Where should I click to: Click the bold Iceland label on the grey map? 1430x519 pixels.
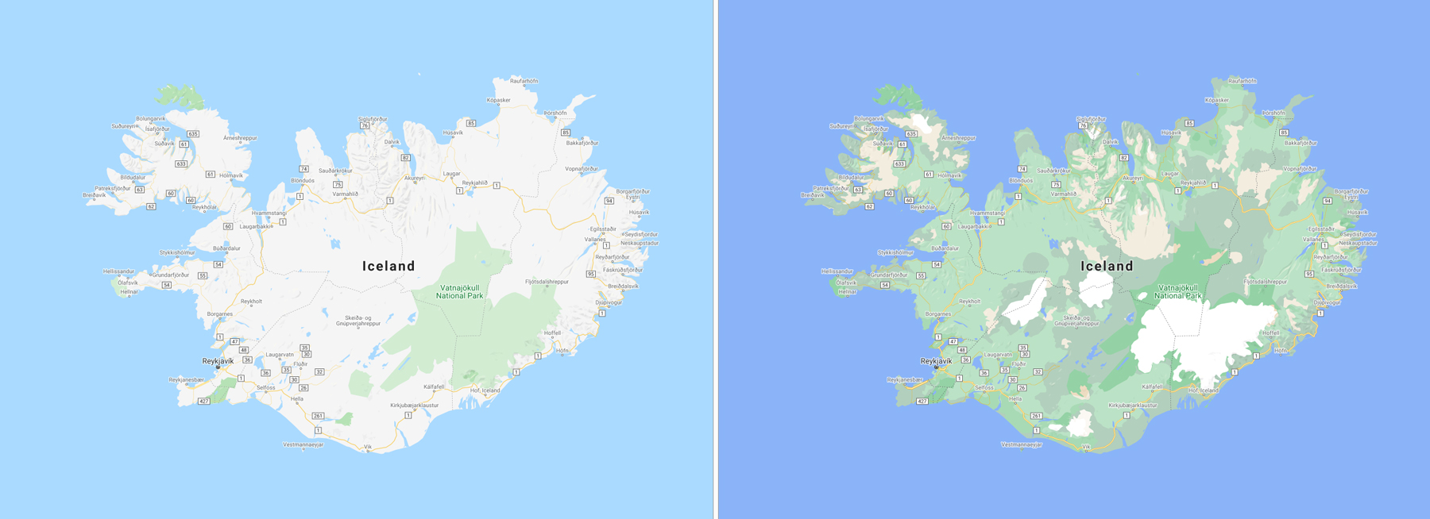pyautogui.click(x=388, y=266)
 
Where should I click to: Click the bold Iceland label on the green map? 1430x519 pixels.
pyautogui.click(x=1107, y=266)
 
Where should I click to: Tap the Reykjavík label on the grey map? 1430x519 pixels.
pyautogui.click(x=218, y=361)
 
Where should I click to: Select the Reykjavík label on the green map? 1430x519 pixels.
pyautogui.click(x=936, y=361)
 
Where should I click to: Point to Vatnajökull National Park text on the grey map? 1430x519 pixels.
pyautogui.click(x=459, y=292)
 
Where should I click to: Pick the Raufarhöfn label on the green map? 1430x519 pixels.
pyautogui.click(x=1242, y=81)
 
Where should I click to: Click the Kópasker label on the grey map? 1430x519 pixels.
pyautogui.click(x=498, y=100)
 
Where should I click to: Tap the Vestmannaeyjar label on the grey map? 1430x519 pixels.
pyautogui.click(x=303, y=444)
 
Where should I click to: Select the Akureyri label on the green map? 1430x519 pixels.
pyautogui.click(x=1132, y=178)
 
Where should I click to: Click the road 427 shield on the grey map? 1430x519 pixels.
pyautogui.click(x=204, y=402)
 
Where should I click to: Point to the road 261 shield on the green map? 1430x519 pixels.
pyautogui.click(x=1036, y=416)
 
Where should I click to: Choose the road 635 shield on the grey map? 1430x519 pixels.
pyautogui.click(x=192, y=134)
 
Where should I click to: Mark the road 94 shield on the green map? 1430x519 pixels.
pyautogui.click(x=1327, y=201)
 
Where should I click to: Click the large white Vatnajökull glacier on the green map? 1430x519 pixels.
pyautogui.click(x=1200, y=333)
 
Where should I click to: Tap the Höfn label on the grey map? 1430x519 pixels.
pyautogui.click(x=562, y=350)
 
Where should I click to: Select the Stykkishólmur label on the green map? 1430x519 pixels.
pyautogui.click(x=895, y=252)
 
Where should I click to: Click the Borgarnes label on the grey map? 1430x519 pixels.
pyautogui.click(x=220, y=313)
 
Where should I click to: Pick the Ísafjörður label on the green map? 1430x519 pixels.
pyautogui.click(x=875, y=129)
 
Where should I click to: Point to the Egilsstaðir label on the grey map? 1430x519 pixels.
pyautogui.click(x=603, y=229)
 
